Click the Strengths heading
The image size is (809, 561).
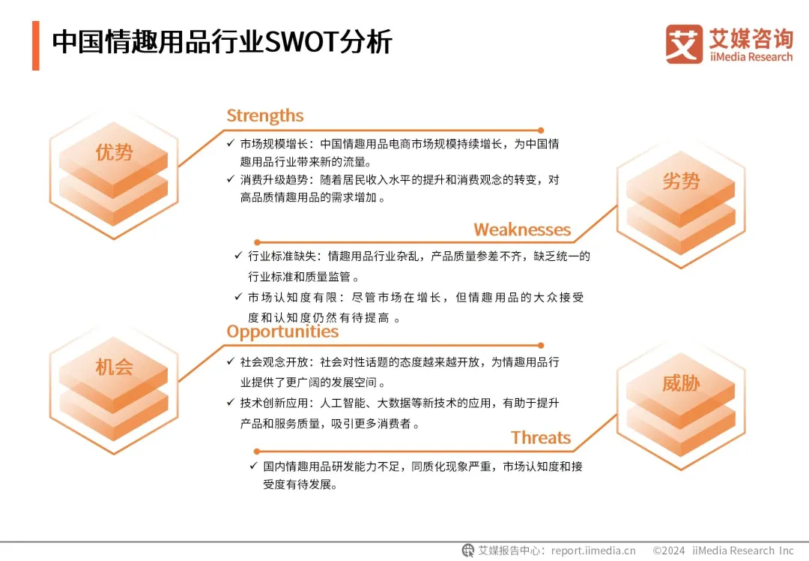click(x=265, y=115)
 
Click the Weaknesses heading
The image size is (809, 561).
click(x=522, y=229)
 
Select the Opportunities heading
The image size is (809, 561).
click(x=282, y=331)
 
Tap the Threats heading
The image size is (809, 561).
click(x=541, y=438)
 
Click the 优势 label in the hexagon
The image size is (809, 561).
click(x=114, y=153)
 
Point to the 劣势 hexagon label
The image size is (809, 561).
click(x=681, y=181)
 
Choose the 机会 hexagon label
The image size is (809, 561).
click(x=114, y=367)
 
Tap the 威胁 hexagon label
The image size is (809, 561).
click(x=681, y=384)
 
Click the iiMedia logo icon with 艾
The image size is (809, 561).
click(x=684, y=44)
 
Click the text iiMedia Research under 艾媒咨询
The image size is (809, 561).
click(x=751, y=57)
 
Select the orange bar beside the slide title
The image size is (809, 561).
click(x=35, y=46)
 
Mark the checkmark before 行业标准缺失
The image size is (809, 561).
click(x=238, y=256)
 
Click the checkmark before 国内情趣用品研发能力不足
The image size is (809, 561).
click(x=254, y=466)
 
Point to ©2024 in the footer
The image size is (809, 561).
click(x=669, y=550)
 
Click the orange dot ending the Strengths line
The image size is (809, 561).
click(x=541, y=130)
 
